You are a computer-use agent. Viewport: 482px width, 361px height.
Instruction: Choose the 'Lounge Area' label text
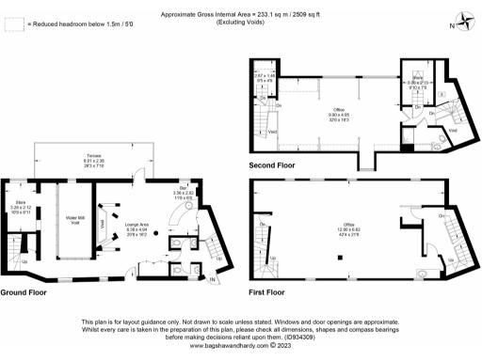click(137, 224)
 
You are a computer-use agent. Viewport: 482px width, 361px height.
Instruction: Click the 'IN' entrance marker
click(213, 280)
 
